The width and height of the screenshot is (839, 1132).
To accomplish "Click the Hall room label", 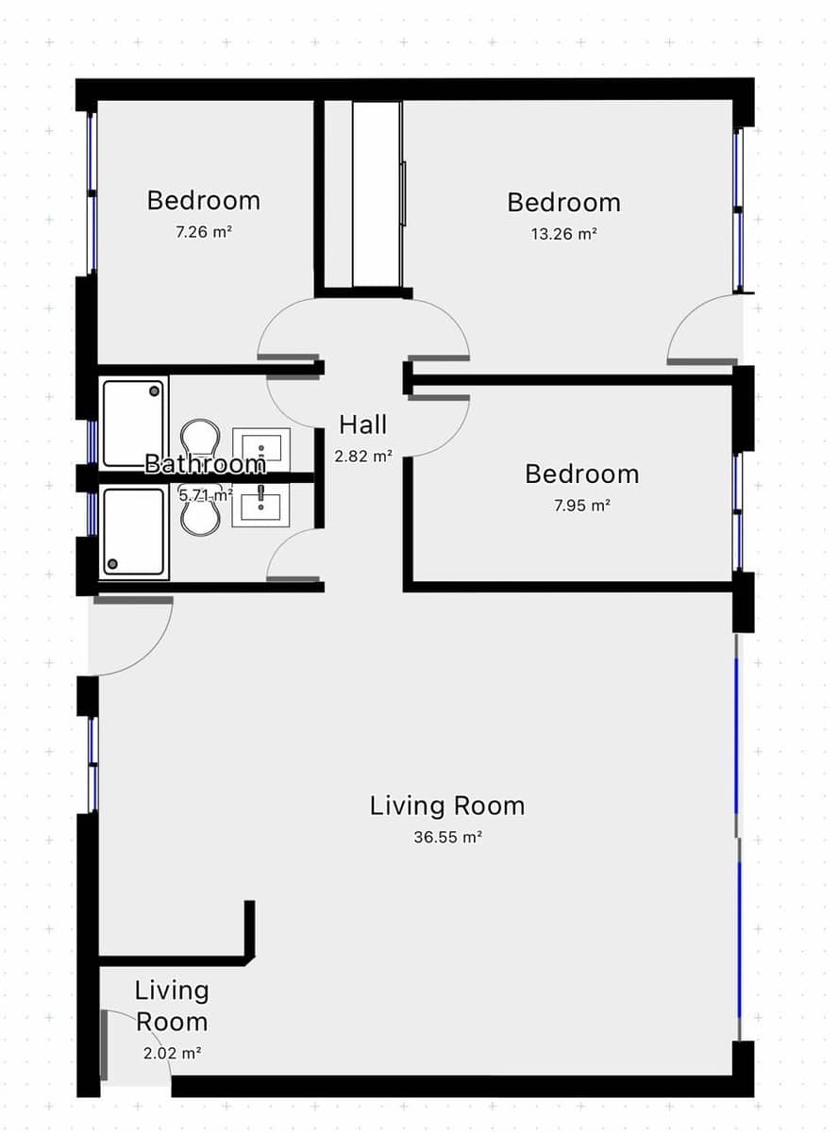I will point(363,424).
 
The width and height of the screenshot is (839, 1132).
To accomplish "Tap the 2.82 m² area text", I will point(363,457).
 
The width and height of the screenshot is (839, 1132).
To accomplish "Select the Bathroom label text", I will point(205,464).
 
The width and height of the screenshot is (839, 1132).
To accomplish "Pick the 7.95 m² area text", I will point(581,505).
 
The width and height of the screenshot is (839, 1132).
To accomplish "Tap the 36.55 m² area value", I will point(447,837).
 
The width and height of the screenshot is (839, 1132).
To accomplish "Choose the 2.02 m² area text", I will point(172,1054).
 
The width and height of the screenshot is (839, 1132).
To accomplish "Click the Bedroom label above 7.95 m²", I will point(581,474).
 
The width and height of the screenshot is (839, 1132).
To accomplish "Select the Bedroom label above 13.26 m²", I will point(563,203).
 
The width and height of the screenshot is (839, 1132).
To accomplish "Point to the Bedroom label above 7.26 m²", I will point(204,200).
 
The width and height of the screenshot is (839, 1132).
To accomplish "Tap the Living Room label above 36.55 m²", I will point(447,806).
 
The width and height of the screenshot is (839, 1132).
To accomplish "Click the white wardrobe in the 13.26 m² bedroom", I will point(377,194).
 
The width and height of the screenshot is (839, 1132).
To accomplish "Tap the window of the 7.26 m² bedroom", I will point(92,193).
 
